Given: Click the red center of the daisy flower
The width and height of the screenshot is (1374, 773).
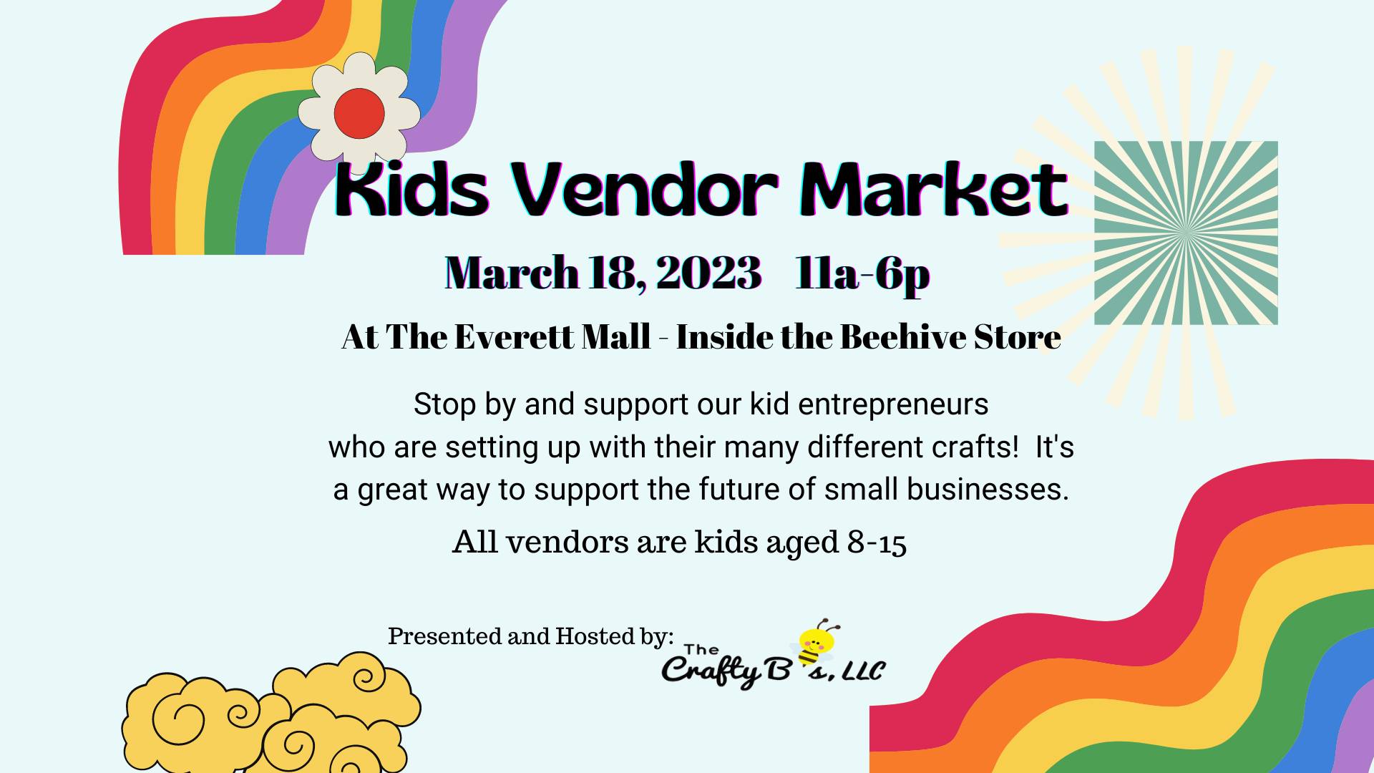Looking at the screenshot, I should [x=359, y=113].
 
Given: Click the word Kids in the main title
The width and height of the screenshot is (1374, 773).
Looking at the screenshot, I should [x=412, y=190].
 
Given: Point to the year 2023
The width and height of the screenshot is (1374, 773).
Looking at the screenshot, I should [x=708, y=273].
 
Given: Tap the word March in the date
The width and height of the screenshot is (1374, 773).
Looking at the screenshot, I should [x=512, y=273].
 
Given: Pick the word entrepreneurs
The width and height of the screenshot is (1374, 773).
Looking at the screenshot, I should [x=893, y=405].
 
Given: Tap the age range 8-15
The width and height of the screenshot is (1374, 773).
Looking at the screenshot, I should [x=877, y=543].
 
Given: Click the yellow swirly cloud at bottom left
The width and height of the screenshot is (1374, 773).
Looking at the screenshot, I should [x=272, y=716].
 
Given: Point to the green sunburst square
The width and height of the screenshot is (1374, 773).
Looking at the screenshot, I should [x=1186, y=233].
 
